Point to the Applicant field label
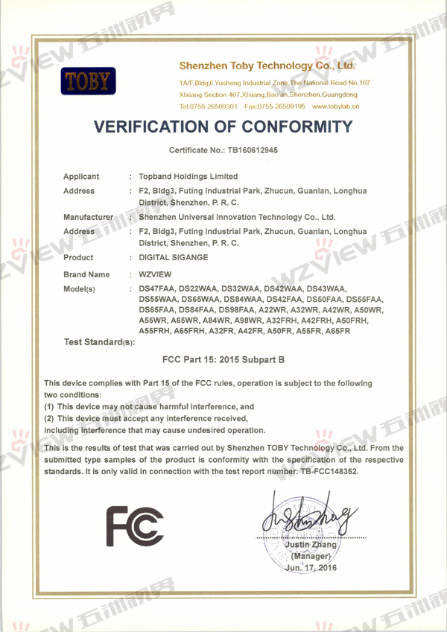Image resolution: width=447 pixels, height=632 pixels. [81, 177]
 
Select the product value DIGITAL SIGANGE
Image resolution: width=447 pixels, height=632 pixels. [177, 257]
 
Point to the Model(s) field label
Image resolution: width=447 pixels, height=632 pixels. [80, 289]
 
